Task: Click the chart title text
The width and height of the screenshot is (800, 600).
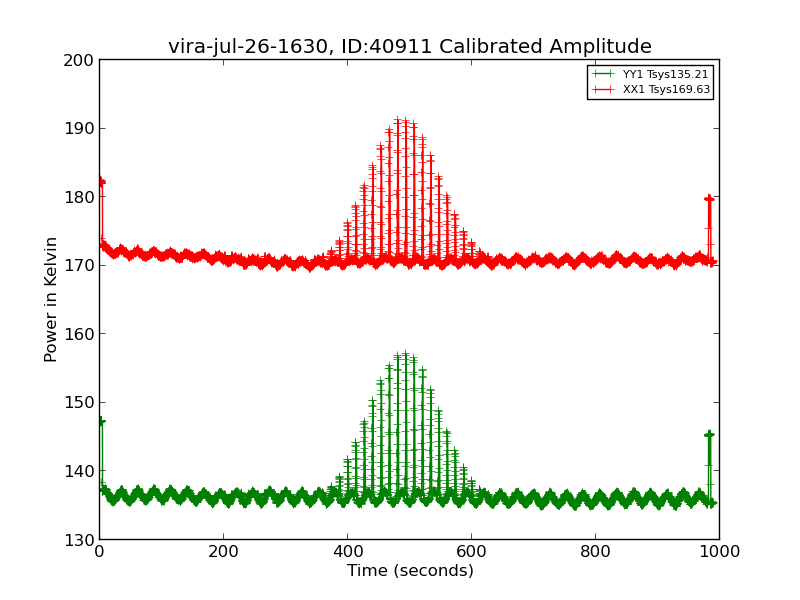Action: pos(409,47)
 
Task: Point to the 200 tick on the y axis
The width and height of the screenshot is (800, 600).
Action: pos(82,60)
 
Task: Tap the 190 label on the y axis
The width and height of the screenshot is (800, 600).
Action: pos(82,129)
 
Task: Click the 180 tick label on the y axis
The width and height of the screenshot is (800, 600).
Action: pos(82,197)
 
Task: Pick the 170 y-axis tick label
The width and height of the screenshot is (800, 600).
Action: pos(82,266)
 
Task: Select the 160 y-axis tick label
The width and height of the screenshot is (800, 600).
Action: pos(82,334)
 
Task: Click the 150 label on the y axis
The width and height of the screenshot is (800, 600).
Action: pos(82,403)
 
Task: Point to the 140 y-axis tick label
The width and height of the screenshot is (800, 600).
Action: pos(82,471)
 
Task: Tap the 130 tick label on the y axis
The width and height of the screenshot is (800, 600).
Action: pos(82,540)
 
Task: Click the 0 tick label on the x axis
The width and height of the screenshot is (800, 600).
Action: pos(99,551)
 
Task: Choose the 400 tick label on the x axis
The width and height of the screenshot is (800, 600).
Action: pos(347,551)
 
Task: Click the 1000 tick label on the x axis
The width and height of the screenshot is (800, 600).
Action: pos(719,551)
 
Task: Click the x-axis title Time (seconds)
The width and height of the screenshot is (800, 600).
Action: pos(410,571)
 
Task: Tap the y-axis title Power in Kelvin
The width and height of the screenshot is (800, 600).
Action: pos(51,299)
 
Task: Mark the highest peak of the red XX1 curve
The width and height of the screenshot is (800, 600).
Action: pos(397,120)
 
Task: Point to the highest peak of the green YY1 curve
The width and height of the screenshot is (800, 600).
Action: pos(405,354)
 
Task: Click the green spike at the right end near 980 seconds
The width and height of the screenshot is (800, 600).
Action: pos(709,435)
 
